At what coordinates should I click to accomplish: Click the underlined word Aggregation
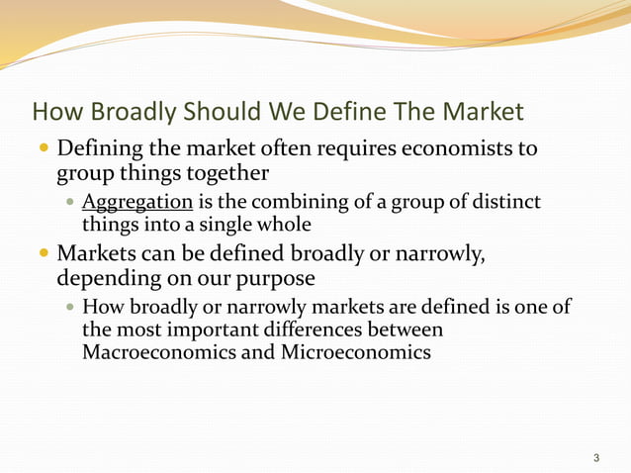tap(137, 204)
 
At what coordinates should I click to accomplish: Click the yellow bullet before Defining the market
tap(42, 150)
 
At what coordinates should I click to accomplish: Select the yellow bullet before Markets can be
tap(42, 253)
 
